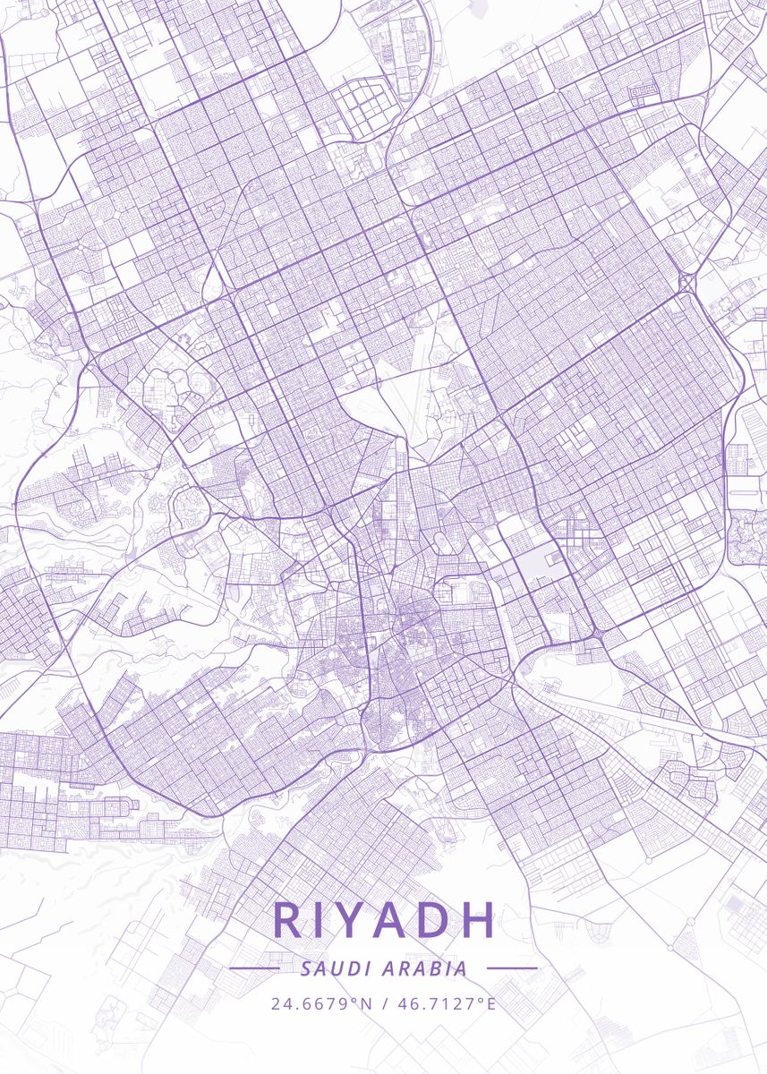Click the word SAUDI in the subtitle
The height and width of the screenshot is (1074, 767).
tap(332, 968)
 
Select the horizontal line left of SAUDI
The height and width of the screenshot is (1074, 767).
tap(255, 968)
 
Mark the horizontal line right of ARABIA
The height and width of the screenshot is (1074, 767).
tap(512, 968)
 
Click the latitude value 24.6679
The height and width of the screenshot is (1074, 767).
tap(309, 1003)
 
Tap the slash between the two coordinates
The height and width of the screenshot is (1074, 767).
tap(385, 1003)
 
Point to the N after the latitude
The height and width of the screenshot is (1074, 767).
tap(365, 1003)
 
